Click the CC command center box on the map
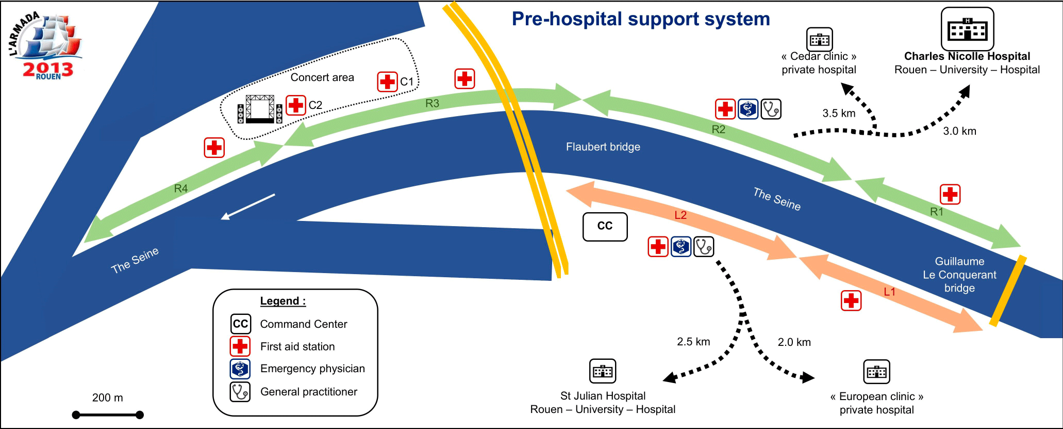tap(605, 227)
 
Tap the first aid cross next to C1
tap(387, 82)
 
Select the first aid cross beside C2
tap(296, 105)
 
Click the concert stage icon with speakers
tap(260, 109)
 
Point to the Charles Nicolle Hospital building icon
tap(967, 29)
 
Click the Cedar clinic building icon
tap(819, 39)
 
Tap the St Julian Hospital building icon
tap(603, 371)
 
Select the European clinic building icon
tap(876, 372)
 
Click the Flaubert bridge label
tap(603, 147)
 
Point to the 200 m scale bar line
tap(108, 415)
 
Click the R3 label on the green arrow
tap(432, 103)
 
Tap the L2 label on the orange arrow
tap(680, 215)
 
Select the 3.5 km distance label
tap(839, 114)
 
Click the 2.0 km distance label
tap(794, 342)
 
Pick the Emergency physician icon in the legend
tap(240, 369)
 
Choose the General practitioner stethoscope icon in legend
tap(240, 392)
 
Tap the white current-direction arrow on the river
tap(248, 206)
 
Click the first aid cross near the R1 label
tap(950, 194)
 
